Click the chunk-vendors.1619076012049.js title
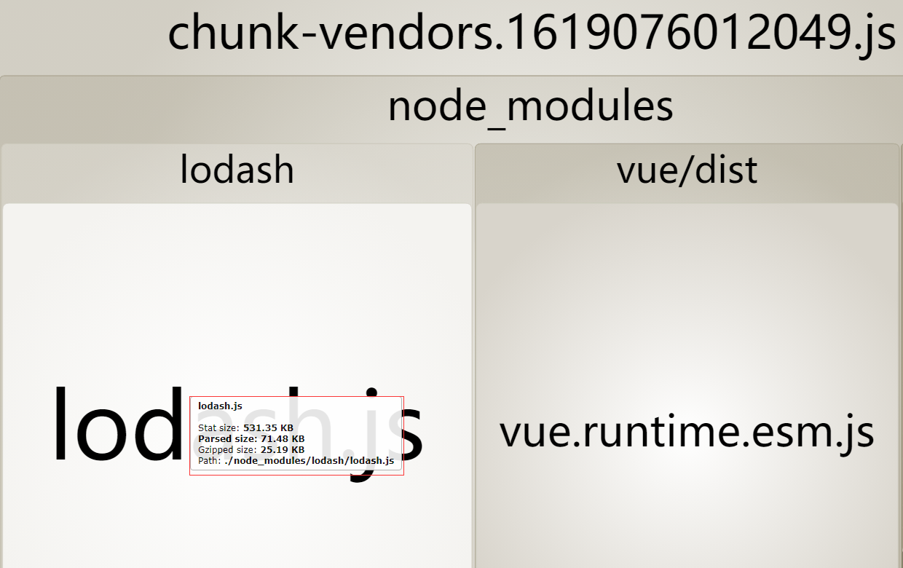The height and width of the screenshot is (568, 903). (x=532, y=33)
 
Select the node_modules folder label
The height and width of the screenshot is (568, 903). (x=530, y=106)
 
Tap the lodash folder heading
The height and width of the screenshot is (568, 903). (x=237, y=170)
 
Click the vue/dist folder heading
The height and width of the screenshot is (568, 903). (x=687, y=170)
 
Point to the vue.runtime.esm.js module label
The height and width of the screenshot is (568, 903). (x=686, y=431)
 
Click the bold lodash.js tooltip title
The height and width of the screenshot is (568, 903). (x=220, y=406)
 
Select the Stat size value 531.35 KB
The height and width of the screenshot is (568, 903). (x=268, y=428)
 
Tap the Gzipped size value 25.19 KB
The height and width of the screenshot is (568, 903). (x=282, y=450)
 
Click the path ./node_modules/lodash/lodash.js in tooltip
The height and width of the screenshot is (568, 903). (x=309, y=461)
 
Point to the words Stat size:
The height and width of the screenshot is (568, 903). (x=219, y=428)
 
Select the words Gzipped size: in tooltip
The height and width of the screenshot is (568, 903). (x=227, y=450)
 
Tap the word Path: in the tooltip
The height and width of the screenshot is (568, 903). (x=209, y=461)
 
